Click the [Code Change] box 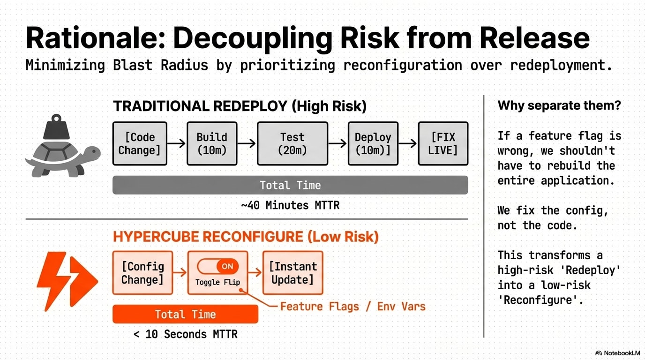140,143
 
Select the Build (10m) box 212,143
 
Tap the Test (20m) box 292,143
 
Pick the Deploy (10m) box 373,143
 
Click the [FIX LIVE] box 443,143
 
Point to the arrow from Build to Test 247,143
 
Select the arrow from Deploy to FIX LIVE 408,143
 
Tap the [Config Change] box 142,273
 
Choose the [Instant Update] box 293,273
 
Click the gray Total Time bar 290,185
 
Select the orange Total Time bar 185,314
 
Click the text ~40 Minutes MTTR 290,205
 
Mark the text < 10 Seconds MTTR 185,334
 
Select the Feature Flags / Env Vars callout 352,307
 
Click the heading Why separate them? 559,105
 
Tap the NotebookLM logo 617,353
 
